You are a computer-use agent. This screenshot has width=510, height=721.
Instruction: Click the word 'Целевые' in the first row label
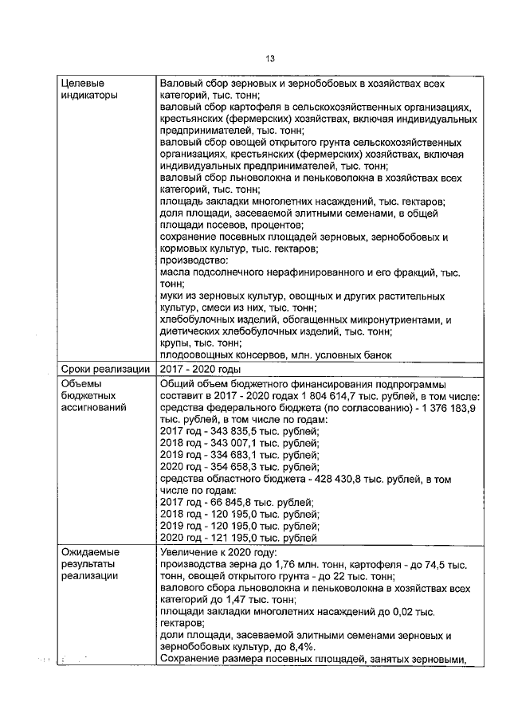pyautogui.click(x=83, y=83)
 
